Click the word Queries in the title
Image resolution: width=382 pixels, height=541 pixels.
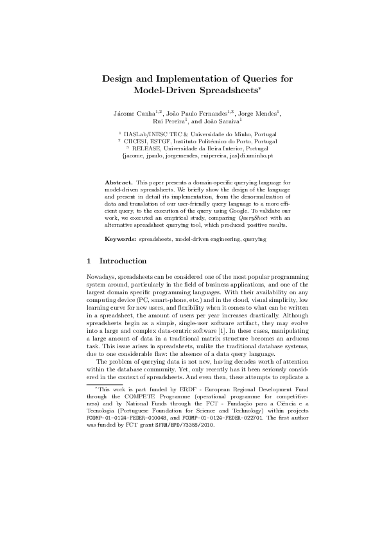pyautogui.click(x=245, y=78)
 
